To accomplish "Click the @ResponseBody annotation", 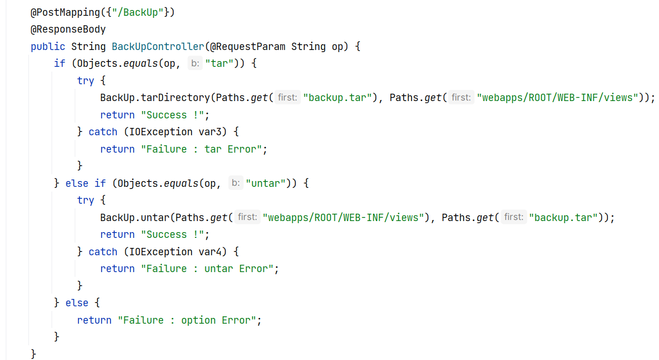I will (68, 29).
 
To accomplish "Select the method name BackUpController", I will (157, 46).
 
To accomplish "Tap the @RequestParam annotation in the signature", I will (247, 46).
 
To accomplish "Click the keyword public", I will (48, 46).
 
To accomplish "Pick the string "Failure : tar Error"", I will (201, 149).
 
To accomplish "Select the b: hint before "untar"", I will (236, 183).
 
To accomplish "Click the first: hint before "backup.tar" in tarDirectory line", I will (287, 97).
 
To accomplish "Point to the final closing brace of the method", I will (34, 353).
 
